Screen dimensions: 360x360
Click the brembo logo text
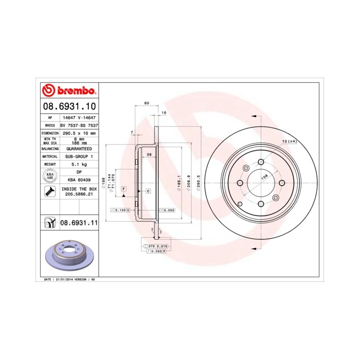click(74, 92)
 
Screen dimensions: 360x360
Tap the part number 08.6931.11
click(79, 222)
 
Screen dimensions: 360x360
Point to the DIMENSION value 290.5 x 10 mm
click(79, 133)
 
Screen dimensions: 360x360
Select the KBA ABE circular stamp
click(50, 176)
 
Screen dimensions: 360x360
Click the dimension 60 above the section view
click(147, 103)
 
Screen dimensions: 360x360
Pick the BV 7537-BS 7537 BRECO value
click(79, 125)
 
